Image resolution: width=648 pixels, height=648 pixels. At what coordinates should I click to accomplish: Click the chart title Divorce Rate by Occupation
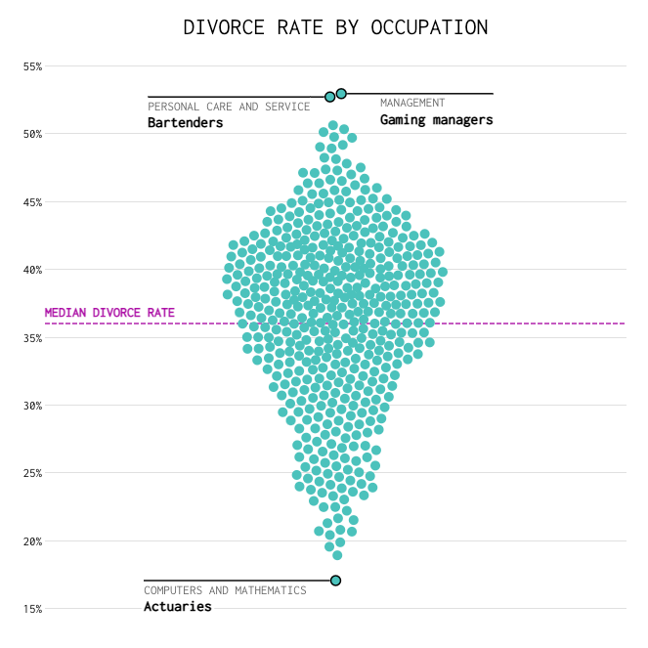point(335,27)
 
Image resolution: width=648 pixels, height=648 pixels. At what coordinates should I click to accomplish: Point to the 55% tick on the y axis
point(33,66)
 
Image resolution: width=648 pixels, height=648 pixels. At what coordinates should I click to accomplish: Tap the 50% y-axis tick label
point(33,134)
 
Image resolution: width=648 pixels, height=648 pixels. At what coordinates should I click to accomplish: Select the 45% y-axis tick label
point(33,202)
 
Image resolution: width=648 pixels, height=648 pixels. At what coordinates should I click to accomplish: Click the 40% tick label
point(33,270)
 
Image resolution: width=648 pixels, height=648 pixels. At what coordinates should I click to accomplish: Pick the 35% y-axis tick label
point(33,338)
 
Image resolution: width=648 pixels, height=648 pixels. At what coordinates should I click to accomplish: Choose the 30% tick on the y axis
point(33,406)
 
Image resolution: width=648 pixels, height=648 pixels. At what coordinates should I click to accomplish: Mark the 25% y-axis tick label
point(33,473)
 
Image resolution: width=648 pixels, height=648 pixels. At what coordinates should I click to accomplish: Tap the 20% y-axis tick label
point(33,541)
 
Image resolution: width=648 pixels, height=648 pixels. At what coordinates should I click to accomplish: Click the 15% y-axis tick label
point(33,609)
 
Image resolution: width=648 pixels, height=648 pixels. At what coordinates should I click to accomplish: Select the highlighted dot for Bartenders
point(330,97)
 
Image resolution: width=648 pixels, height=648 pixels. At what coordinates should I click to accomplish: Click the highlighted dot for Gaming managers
point(341,94)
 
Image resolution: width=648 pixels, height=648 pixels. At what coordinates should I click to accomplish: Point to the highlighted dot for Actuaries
point(335,581)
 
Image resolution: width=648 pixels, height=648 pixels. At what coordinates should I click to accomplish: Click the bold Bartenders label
point(186,123)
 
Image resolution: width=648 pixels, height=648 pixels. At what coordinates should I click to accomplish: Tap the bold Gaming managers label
point(436,120)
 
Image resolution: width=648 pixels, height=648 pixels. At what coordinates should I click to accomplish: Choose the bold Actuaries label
point(178,607)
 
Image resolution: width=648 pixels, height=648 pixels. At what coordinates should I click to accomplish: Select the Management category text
point(412,103)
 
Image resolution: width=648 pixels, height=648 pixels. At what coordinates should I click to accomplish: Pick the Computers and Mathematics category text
point(225,590)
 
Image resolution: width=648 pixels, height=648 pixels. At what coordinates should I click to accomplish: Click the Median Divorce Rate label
point(109,314)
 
